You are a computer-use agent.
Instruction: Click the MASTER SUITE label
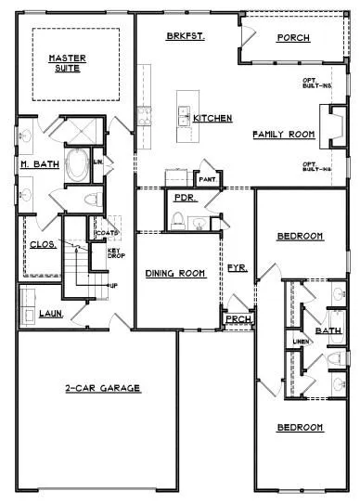click(x=67, y=63)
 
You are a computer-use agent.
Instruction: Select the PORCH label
click(x=293, y=38)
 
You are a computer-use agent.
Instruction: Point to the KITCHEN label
click(x=212, y=119)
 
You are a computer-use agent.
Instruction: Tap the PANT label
click(x=207, y=178)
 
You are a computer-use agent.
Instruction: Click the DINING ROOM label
click(x=174, y=274)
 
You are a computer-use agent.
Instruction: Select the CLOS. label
click(x=44, y=245)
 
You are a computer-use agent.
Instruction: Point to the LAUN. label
click(x=50, y=314)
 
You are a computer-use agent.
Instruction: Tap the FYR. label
click(x=237, y=267)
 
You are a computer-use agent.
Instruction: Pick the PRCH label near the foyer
click(x=236, y=320)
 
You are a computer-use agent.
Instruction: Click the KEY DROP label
click(x=115, y=254)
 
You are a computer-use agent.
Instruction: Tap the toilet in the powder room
click(x=176, y=219)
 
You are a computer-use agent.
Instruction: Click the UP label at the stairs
click(x=113, y=285)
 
